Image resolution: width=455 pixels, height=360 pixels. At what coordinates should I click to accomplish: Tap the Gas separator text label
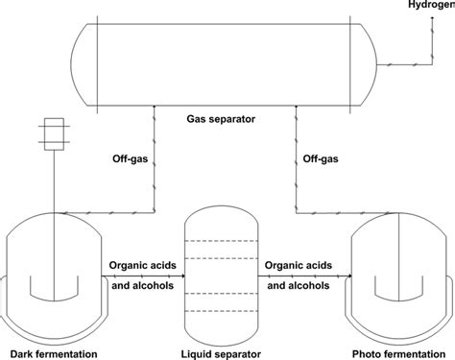coord(218,120)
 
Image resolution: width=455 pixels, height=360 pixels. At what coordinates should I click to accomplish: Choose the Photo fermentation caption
coord(396,347)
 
